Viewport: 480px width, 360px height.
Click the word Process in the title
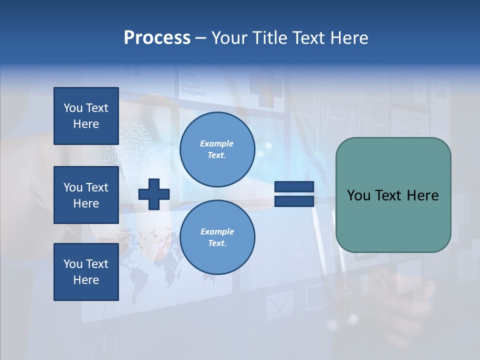click(x=157, y=38)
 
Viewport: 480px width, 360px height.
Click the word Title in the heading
click(x=269, y=38)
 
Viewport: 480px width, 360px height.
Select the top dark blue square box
click(x=86, y=116)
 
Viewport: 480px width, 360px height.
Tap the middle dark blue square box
click(x=86, y=195)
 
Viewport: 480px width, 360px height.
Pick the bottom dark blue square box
click(x=86, y=272)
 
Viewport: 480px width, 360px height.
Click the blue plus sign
click(x=154, y=194)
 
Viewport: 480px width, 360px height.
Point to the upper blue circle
click(x=217, y=149)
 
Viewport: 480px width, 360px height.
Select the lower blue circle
click(x=217, y=237)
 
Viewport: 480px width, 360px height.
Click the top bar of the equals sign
click(x=294, y=187)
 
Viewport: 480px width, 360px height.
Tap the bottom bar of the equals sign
click(x=294, y=201)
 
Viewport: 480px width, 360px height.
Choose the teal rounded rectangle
click(x=393, y=220)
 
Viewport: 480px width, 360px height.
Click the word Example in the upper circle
click(x=217, y=143)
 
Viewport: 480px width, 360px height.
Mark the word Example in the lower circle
click(x=217, y=231)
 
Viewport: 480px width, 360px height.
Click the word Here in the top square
click(x=86, y=124)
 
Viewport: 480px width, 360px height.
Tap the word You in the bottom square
click(x=72, y=264)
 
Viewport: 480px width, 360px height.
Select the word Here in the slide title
click(x=348, y=38)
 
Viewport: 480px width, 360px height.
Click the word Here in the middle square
click(x=86, y=203)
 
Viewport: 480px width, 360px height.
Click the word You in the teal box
click(x=359, y=195)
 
